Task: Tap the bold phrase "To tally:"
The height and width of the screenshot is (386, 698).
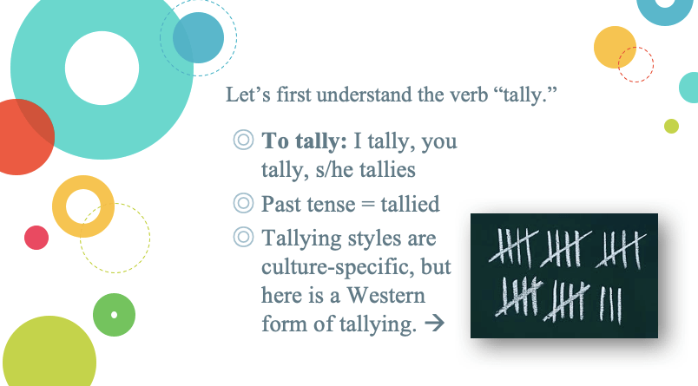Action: (304, 141)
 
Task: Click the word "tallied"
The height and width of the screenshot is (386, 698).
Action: (410, 204)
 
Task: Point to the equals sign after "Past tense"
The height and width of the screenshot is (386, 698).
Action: (368, 205)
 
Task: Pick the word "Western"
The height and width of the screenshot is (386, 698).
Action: (386, 295)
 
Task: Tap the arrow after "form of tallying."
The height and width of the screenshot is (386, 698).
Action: (434, 324)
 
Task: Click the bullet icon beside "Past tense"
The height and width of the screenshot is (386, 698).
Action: (243, 203)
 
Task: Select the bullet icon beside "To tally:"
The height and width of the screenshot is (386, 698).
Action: (243, 140)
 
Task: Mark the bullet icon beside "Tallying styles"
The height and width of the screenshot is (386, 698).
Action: (243, 237)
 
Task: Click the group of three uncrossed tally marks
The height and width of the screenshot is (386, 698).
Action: (610, 304)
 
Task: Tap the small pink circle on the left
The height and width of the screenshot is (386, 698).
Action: (36, 238)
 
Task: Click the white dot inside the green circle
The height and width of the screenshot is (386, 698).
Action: (114, 315)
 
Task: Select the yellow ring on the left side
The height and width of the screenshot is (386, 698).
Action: (58, 206)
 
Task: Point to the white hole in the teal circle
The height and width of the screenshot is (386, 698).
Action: (102, 68)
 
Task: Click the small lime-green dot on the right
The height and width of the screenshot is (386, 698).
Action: (671, 127)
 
